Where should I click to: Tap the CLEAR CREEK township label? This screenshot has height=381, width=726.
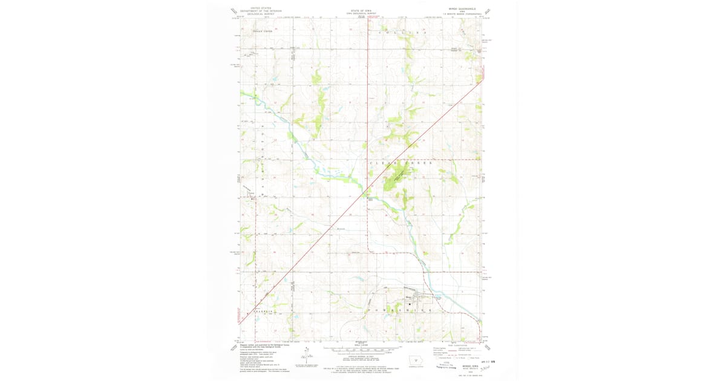click(x=402, y=163)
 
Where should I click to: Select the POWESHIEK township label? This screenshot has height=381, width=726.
click(x=399, y=309)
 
